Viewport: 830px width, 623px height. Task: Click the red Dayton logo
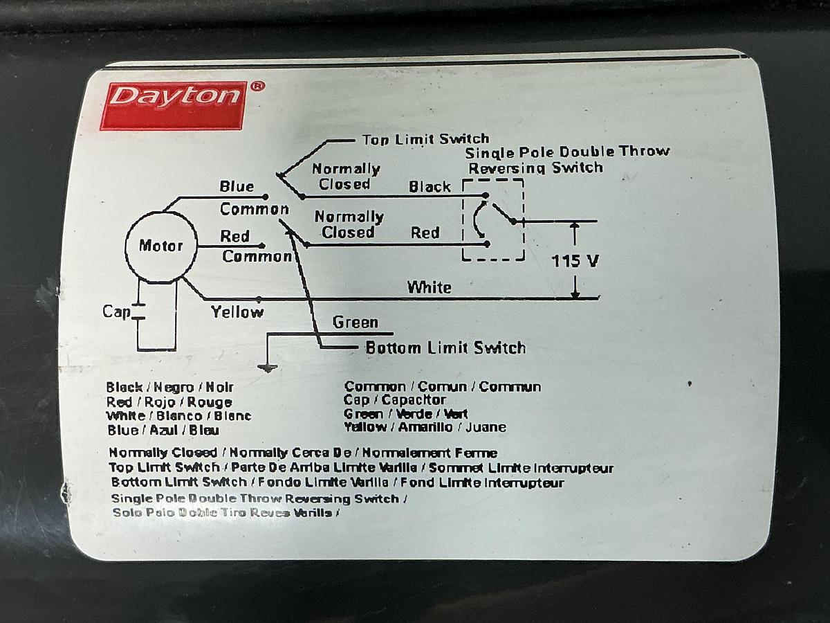click(173, 105)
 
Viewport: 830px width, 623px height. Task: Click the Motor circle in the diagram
click(161, 246)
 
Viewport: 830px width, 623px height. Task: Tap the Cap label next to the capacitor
click(116, 311)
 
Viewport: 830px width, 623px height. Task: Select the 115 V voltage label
click(575, 262)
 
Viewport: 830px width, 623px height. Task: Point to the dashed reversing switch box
click(493, 219)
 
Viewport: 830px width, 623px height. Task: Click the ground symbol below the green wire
click(267, 368)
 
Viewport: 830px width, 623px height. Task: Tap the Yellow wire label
click(237, 312)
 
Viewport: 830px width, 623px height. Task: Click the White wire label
click(429, 287)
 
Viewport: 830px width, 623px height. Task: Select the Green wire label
click(355, 323)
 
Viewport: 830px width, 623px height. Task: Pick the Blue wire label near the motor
click(237, 187)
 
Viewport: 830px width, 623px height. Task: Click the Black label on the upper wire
click(430, 187)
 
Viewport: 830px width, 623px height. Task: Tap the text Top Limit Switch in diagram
click(425, 140)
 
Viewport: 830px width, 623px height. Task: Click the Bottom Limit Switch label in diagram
click(445, 347)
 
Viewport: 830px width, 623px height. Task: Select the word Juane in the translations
click(486, 428)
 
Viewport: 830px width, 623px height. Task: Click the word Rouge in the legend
click(210, 402)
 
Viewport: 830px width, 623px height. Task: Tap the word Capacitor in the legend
click(414, 400)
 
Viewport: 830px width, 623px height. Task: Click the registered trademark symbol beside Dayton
click(256, 87)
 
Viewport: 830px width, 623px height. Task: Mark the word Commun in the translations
click(510, 387)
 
